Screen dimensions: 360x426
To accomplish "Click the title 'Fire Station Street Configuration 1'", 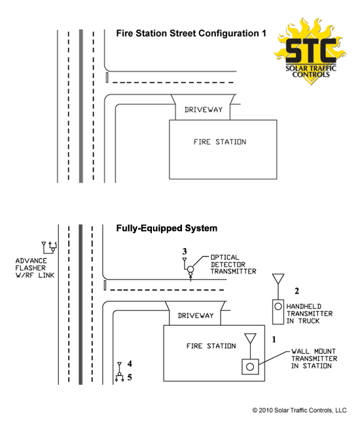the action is [x=191, y=33].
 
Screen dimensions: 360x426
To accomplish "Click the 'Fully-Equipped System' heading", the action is [x=167, y=228].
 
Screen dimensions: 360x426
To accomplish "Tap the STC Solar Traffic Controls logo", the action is [x=310, y=51].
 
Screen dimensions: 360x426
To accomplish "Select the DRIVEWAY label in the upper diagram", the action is [x=203, y=110].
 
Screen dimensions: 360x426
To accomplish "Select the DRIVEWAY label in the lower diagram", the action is [x=196, y=315].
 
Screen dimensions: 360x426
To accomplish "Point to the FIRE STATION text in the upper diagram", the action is [x=220, y=142].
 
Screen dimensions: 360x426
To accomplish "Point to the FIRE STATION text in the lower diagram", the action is [x=211, y=346].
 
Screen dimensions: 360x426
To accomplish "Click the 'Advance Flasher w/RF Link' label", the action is [x=35, y=268].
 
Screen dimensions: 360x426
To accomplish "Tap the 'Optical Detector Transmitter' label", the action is [x=234, y=264].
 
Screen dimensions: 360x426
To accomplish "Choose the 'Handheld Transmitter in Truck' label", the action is [x=310, y=314].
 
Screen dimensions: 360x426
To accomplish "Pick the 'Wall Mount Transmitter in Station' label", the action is [x=314, y=359].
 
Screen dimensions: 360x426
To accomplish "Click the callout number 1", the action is [x=274, y=340].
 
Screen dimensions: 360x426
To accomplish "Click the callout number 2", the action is [x=297, y=291].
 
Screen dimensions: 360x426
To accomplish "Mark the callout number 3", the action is [x=185, y=251].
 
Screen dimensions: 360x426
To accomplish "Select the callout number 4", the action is [x=130, y=364].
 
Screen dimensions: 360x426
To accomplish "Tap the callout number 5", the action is [x=130, y=377].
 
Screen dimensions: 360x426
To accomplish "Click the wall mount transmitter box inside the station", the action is [x=250, y=366].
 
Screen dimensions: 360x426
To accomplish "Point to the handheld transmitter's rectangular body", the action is [x=278, y=312].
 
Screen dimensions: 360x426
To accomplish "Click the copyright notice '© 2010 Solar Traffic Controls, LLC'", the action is [x=299, y=410].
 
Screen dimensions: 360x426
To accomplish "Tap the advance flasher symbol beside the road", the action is [x=50, y=247].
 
